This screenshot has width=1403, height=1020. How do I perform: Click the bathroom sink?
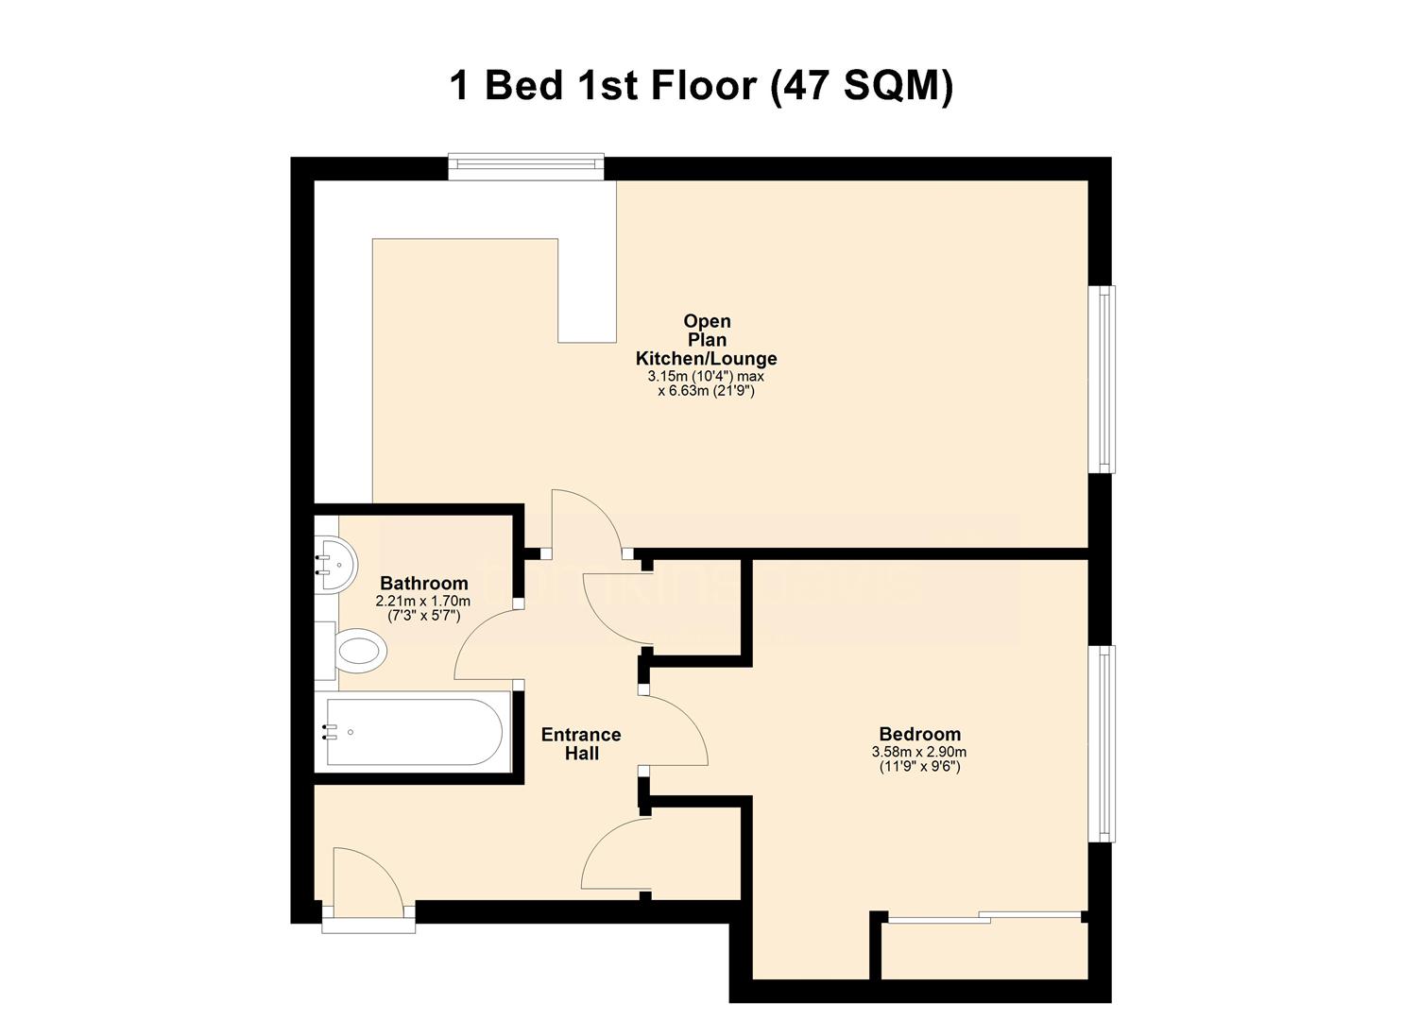tap(334, 564)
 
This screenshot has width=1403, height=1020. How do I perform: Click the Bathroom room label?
tap(423, 584)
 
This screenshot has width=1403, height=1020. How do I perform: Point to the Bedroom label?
tap(919, 734)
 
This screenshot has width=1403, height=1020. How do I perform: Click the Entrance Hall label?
tap(581, 743)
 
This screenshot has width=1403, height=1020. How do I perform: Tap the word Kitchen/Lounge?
tap(706, 359)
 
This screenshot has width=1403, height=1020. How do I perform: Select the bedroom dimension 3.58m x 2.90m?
tap(919, 752)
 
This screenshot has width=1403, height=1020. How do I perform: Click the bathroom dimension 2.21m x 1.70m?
tap(423, 601)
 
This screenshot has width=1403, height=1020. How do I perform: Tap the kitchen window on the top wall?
tap(525, 167)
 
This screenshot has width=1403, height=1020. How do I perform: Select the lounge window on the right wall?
tap(1102, 379)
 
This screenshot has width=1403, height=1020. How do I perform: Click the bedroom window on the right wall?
tap(1102, 743)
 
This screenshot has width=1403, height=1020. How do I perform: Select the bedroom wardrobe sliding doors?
tap(984, 915)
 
